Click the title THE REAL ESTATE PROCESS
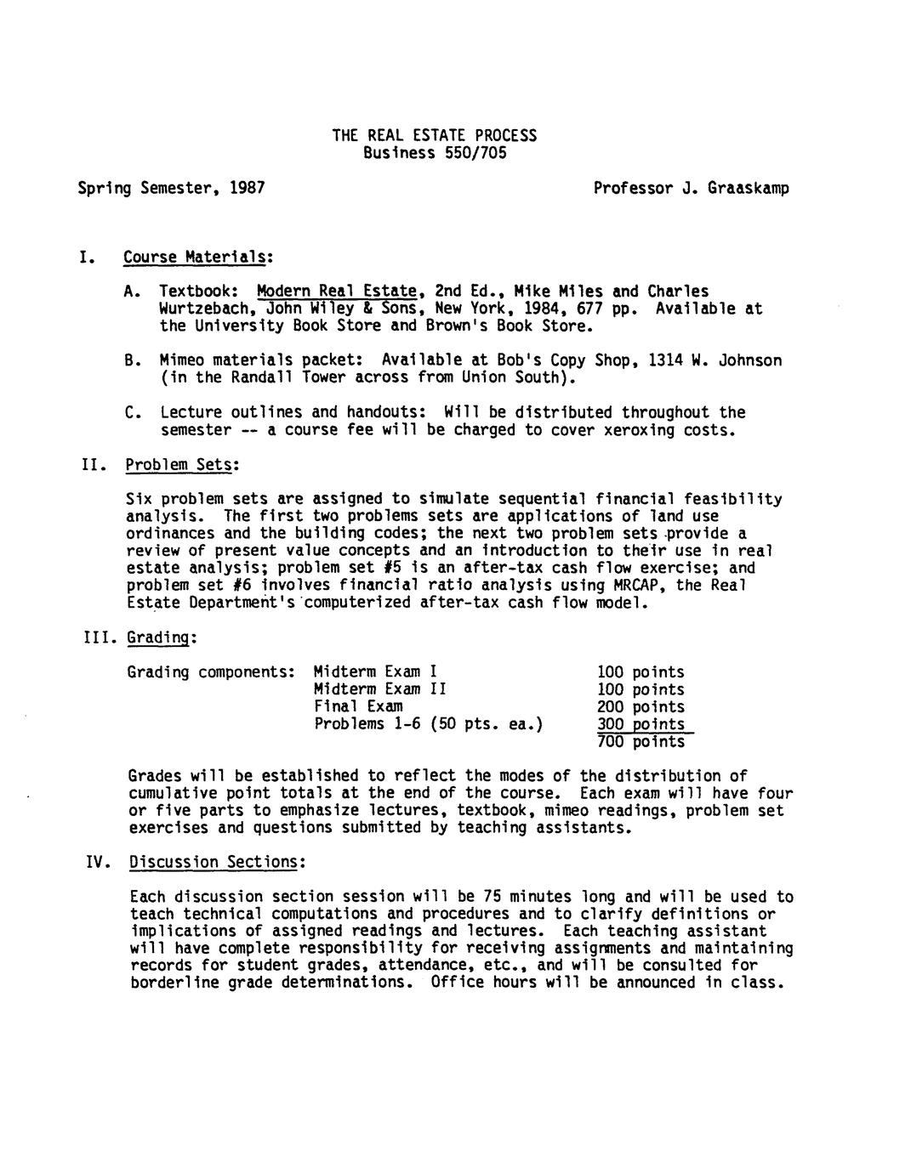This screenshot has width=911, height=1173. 434,135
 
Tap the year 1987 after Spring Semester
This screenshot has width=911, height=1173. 247,188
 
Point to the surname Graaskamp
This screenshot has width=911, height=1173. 748,188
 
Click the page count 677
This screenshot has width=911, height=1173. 589,309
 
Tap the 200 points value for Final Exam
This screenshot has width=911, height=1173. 641,707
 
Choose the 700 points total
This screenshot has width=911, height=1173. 641,742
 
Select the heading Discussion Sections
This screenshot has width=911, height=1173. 216,862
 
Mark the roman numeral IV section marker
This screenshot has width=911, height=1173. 97,862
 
